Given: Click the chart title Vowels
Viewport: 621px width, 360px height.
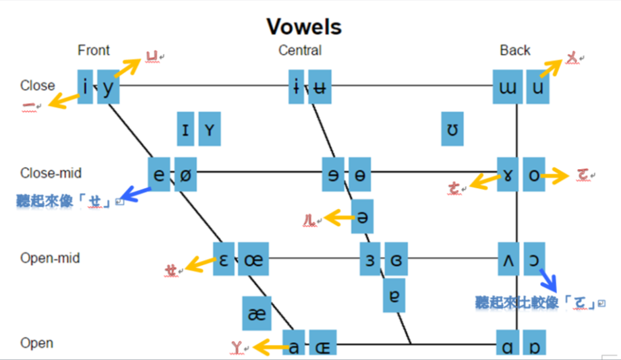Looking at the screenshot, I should click(304, 26).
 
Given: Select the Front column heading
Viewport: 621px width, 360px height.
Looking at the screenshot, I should click(94, 51).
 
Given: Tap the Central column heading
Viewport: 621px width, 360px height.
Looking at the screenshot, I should click(300, 51).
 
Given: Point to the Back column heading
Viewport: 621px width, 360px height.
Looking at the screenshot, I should click(515, 51).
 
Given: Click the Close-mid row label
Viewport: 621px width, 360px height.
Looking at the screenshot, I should click(51, 173).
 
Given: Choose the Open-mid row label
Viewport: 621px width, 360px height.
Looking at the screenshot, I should click(51, 258).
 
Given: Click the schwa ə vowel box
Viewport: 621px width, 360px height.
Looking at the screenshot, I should click(363, 216).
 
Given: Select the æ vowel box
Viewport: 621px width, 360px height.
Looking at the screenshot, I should click(257, 313).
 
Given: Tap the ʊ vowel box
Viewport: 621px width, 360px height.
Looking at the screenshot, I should click(452, 129).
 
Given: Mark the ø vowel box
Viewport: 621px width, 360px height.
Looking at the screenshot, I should click(185, 174).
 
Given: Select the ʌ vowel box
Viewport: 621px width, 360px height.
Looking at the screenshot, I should click(508, 260).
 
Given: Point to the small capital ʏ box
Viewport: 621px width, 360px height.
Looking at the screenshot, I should click(210, 129).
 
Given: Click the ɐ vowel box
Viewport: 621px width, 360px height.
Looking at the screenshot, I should click(394, 295).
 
